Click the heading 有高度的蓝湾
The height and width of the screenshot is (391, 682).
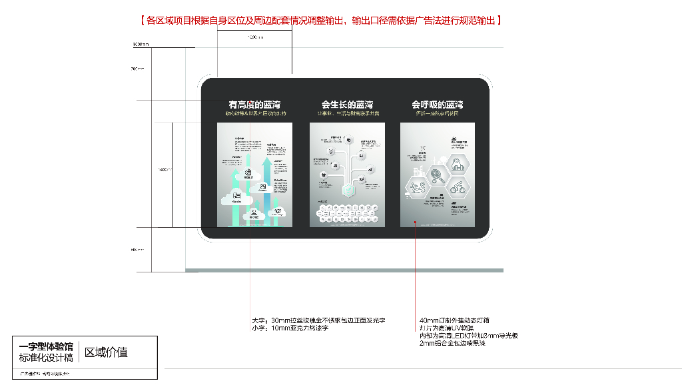pyautogui.click(x=254, y=105)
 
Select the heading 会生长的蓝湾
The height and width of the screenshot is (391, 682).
pyautogui.click(x=347, y=105)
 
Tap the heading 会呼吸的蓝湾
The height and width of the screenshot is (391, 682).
pyautogui.click(x=437, y=105)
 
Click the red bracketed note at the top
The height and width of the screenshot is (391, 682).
pyautogui.click(x=321, y=21)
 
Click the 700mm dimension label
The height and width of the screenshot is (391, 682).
pyautogui.click(x=137, y=69)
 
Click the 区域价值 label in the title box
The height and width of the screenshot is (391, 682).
pyautogui.click(x=106, y=352)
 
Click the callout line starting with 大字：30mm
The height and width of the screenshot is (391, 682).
pyautogui.click(x=319, y=320)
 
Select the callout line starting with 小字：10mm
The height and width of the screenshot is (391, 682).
pyautogui.click(x=290, y=328)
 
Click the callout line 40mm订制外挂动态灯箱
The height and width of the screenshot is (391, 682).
pyautogui.click(x=456, y=320)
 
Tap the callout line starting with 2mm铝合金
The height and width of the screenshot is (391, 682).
pyautogui.click(x=452, y=343)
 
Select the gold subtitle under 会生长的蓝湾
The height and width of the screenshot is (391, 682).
pyautogui.click(x=347, y=114)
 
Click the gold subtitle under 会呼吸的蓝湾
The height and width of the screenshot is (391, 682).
pyautogui.click(x=437, y=114)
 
